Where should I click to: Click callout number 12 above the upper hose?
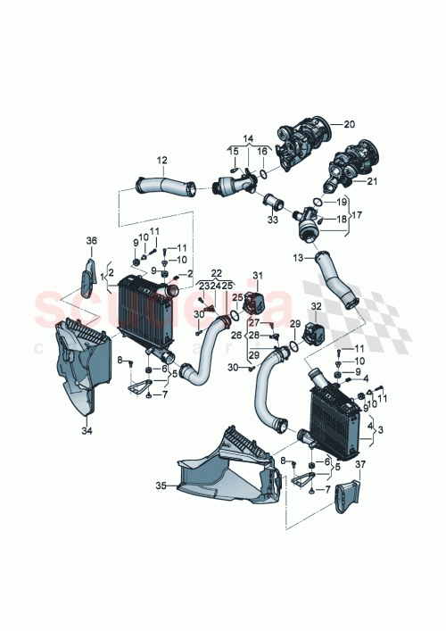[161, 161]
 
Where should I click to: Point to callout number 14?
[248, 137]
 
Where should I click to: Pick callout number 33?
[273, 219]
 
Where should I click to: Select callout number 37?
[360, 464]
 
